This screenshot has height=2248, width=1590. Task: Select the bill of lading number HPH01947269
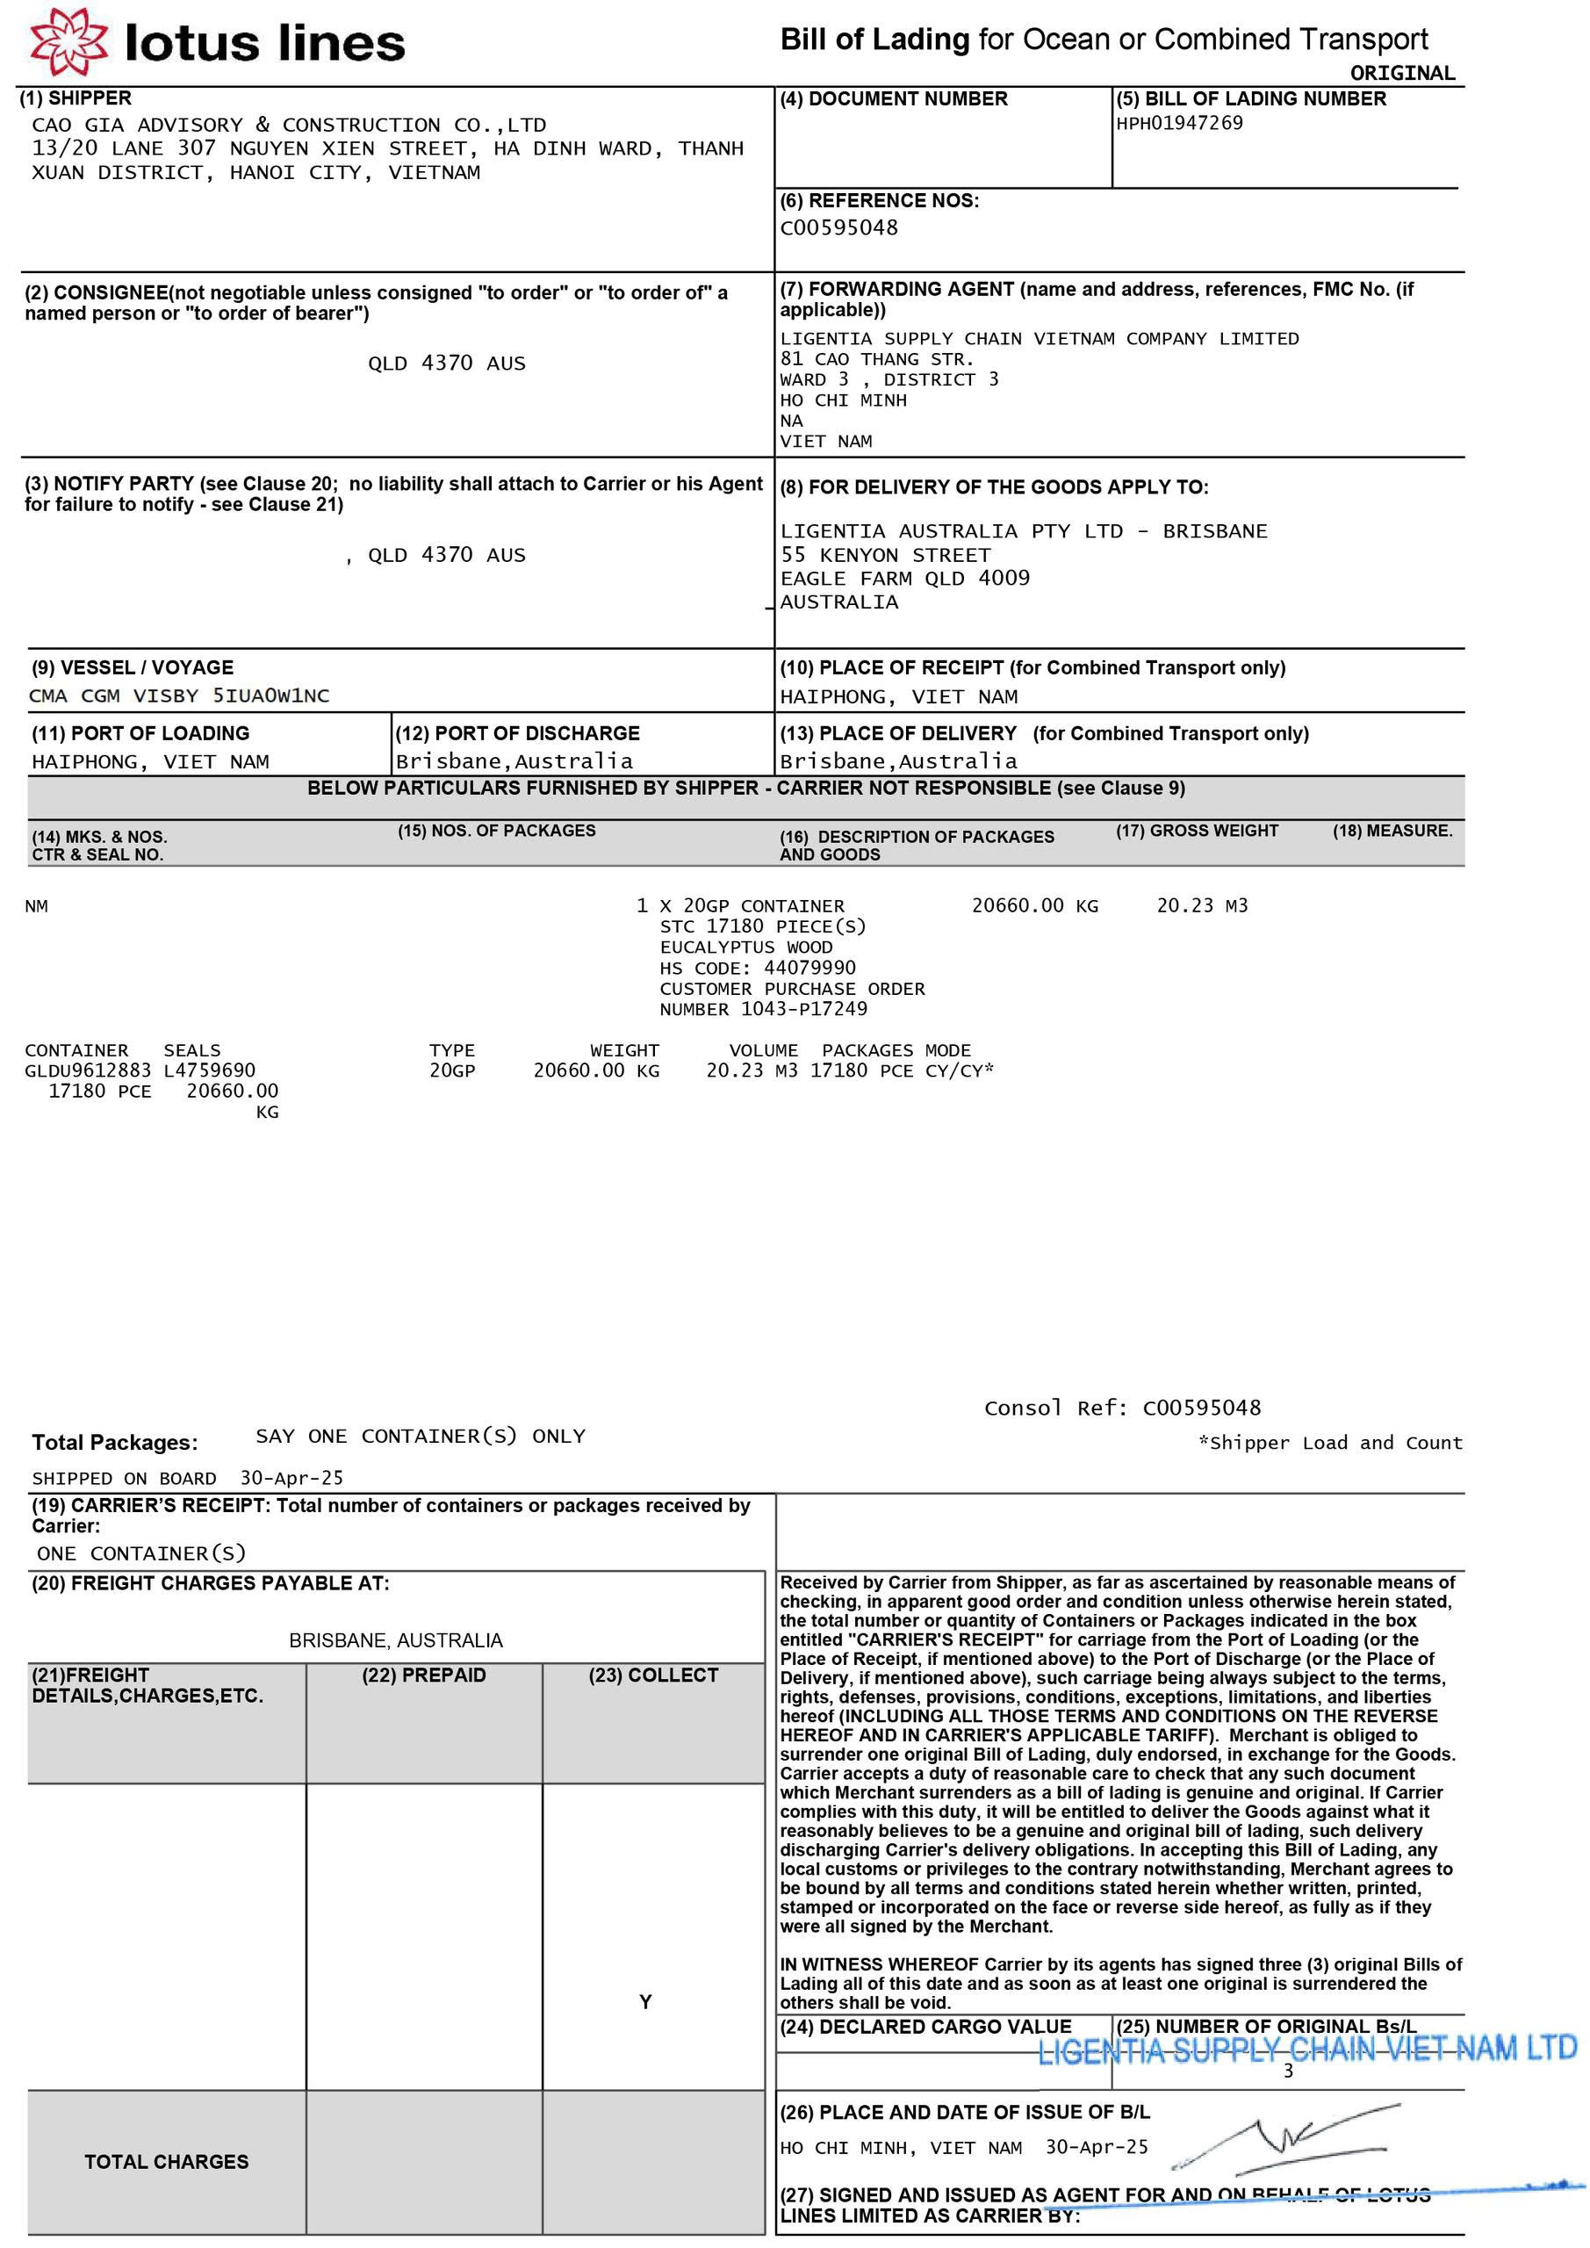tap(1179, 123)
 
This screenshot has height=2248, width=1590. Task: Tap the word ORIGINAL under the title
tap(1402, 74)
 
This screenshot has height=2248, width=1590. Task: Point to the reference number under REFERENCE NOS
tap(838, 228)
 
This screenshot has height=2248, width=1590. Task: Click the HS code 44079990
tap(809, 968)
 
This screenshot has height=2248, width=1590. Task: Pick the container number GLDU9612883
tap(88, 1070)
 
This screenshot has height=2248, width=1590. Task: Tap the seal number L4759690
tap(210, 1070)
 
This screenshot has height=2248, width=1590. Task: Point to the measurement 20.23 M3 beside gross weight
tap(1201, 905)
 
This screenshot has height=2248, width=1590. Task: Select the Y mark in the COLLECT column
tap(645, 2002)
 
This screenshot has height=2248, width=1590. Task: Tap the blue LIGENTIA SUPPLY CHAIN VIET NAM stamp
tap(1306, 2050)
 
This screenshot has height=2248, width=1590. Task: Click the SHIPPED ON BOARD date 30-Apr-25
tap(291, 1479)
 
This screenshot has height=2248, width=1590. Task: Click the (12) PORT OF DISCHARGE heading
tap(517, 733)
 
